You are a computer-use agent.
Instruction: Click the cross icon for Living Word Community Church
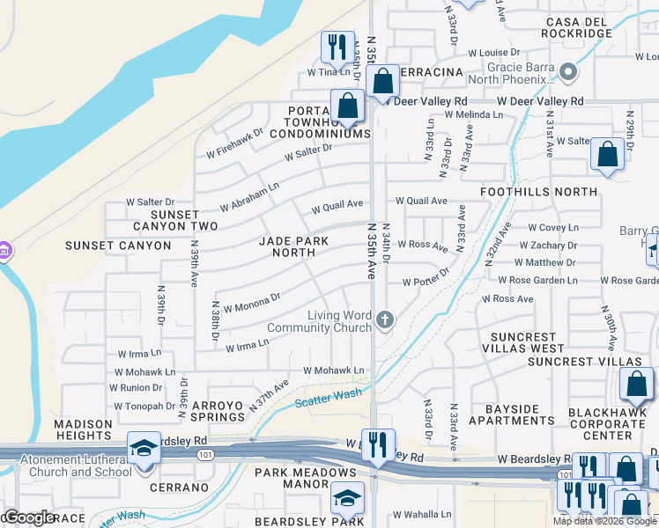[384, 319]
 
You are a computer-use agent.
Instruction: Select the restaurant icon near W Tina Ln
[337, 48]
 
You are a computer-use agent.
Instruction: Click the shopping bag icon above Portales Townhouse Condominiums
[348, 106]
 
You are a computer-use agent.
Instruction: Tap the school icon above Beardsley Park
[348, 499]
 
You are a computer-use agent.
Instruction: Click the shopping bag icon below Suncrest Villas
[636, 385]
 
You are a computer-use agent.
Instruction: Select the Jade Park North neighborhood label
[293, 246]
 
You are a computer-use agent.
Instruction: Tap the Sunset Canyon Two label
[183, 220]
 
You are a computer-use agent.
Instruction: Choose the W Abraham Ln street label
[249, 195]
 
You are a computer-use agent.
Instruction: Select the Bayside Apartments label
[511, 415]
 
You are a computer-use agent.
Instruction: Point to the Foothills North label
[538, 191]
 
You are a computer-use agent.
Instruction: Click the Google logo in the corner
[29, 517]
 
